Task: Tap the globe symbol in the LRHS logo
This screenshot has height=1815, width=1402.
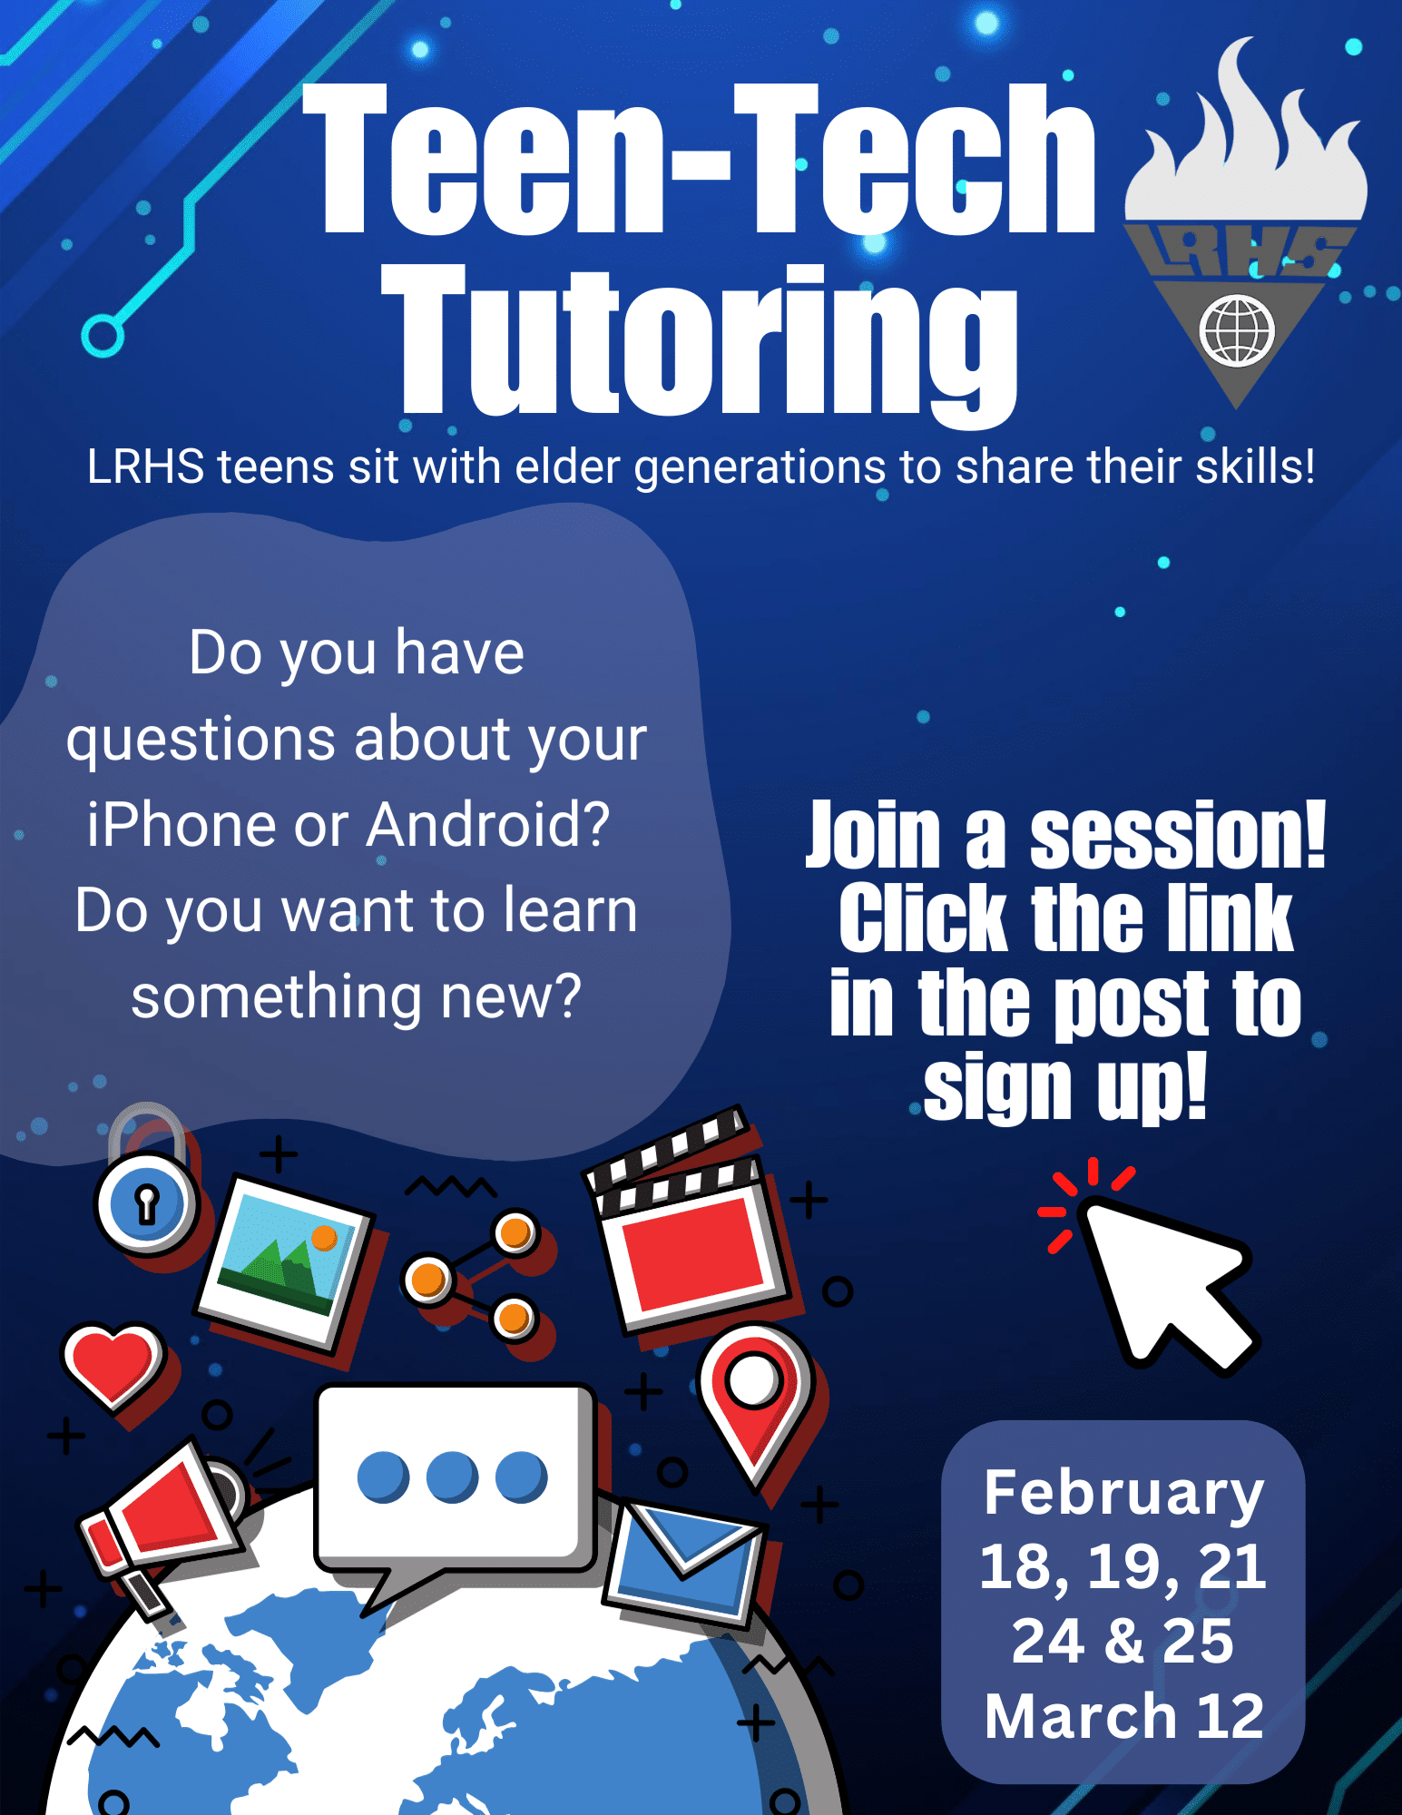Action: (x=1237, y=330)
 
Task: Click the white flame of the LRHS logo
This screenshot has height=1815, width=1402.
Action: (x=1246, y=136)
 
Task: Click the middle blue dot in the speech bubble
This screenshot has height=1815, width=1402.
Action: (x=452, y=1477)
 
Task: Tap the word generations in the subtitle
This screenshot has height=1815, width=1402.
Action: (x=759, y=468)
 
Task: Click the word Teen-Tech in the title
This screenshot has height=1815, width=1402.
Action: (x=699, y=160)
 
